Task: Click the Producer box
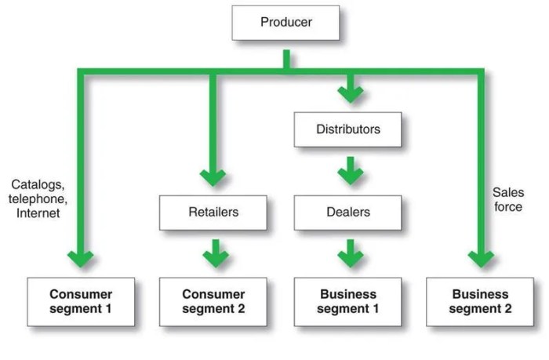click(x=285, y=22)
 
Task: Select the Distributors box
click(x=347, y=129)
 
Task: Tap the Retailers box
click(x=213, y=212)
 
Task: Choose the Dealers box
click(x=347, y=212)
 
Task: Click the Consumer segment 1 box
click(x=81, y=301)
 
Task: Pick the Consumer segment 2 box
click(x=213, y=301)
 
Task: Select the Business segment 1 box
click(x=348, y=301)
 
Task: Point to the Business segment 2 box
click(x=481, y=301)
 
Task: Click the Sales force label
click(x=507, y=199)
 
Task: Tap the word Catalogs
click(x=36, y=184)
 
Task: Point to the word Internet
click(x=38, y=213)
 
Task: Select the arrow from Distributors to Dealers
click(x=350, y=171)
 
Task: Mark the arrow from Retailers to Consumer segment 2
click(x=213, y=253)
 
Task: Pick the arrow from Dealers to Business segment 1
click(x=350, y=253)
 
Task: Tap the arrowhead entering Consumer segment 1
click(x=81, y=258)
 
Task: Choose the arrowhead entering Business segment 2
click(x=481, y=258)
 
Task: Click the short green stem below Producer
click(x=286, y=60)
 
